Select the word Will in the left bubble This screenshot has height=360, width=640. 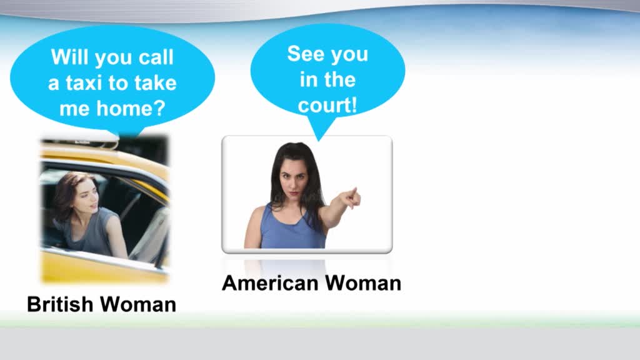tap(70, 57)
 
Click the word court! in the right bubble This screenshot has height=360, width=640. tap(327, 105)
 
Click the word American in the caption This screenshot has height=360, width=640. tap(270, 283)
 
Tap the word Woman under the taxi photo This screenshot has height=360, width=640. tap(138, 304)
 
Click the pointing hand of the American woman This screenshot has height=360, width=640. tap(351, 198)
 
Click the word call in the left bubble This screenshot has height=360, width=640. tap(156, 57)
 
